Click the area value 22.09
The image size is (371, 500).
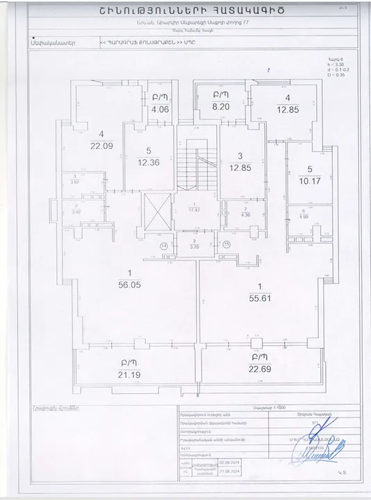tap(101, 145)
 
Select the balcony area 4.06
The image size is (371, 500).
tap(160, 108)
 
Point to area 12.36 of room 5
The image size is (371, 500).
tap(149, 162)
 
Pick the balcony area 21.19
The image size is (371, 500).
tap(126, 376)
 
